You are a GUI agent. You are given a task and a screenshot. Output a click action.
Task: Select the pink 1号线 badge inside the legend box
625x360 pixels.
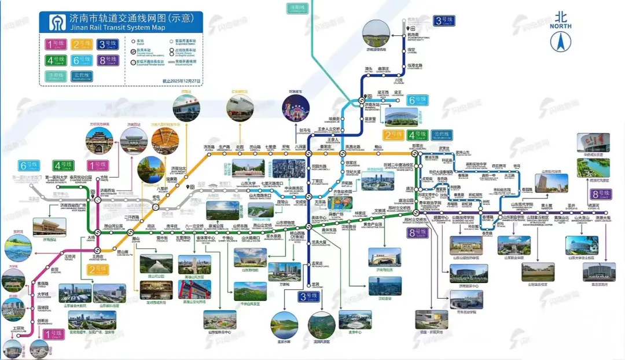(x=55, y=44)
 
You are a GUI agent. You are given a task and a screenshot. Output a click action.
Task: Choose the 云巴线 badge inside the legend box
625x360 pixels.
(x=82, y=75)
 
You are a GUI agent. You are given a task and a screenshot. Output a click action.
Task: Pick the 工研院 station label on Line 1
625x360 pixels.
(x=20, y=328)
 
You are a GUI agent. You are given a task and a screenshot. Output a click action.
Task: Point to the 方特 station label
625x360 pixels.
(x=104, y=178)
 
